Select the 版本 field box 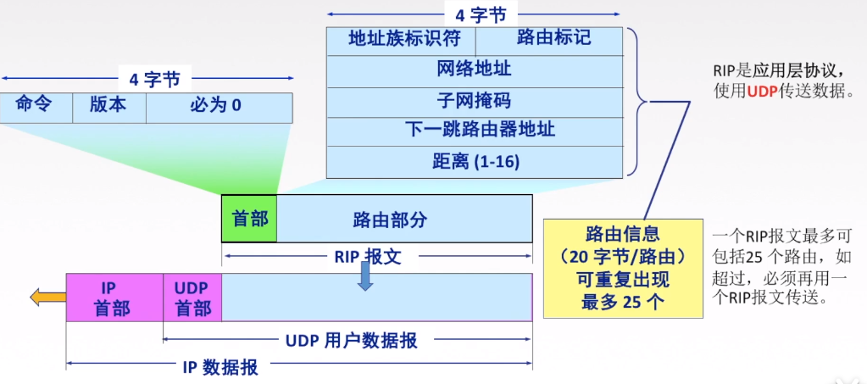tap(108, 107)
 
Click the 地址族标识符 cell tap(400, 40)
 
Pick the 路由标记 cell tap(553, 39)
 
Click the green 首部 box tap(249, 219)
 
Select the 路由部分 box tap(404, 220)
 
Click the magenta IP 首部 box tap(114, 298)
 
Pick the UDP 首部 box tap(192, 298)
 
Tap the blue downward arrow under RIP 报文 tap(365, 276)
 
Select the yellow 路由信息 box tap(623, 268)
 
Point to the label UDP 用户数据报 tap(350, 341)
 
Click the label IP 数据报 tap(220, 368)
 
